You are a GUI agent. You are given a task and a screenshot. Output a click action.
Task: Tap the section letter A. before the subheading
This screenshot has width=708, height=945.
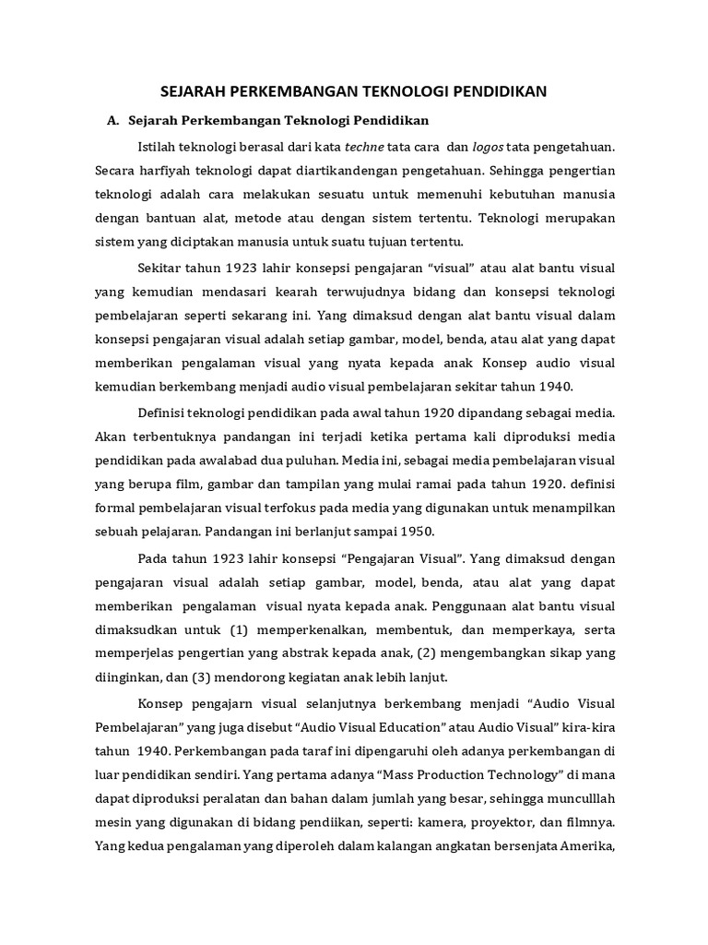coord(114,121)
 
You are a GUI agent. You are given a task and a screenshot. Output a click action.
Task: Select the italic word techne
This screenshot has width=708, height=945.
coord(366,147)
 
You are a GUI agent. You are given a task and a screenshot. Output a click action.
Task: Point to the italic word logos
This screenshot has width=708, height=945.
coord(489,147)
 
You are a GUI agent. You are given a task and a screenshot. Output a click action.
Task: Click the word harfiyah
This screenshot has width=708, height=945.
coord(169,171)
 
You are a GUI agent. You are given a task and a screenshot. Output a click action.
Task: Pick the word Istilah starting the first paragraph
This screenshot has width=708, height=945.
coord(159,147)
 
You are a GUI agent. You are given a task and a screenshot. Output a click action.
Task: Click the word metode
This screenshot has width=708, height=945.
coord(247,219)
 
